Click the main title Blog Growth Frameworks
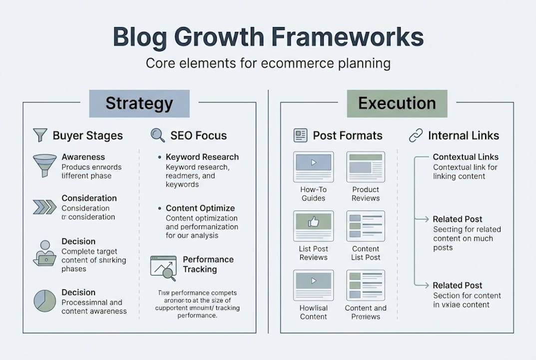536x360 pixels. (x=268, y=37)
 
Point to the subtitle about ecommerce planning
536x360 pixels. (x=268, y=64)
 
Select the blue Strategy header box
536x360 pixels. (x=139, y=103)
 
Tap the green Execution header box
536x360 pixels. (x=397, y=103)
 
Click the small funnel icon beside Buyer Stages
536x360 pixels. (x=40, y=135)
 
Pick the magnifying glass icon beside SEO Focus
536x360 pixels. (x=157, y=135)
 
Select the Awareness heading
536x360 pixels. (x=83, y=157)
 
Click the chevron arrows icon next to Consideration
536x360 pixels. (x=44, y=206)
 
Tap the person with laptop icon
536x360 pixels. (x=44, y=252)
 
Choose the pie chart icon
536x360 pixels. (x=44, y=300)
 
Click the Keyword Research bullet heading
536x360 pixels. (x=202, y=157)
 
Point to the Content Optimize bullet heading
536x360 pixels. (x=200, y=208)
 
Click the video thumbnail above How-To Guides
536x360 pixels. (x=313, y=163)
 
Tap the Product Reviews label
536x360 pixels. (x=366, y=194)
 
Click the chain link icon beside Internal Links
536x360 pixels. (x=416, y=135)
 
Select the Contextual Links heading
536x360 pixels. (x=465, y=157)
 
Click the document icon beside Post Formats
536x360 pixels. (x=300, y=135)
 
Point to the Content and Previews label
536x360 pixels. (x=366, y=312)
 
